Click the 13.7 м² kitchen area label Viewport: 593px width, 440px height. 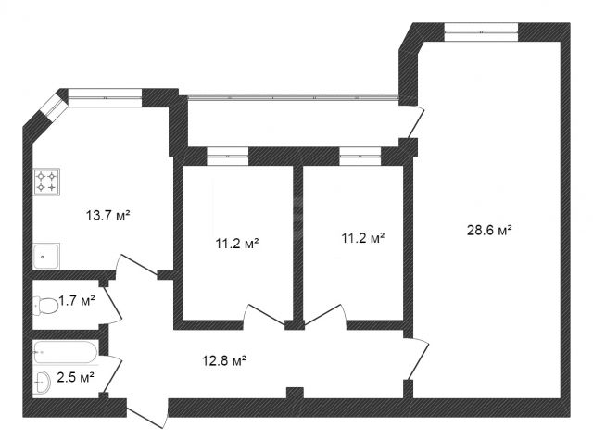(108, 216)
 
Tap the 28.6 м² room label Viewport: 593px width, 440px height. (489, 230)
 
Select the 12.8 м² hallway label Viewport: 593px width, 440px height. (224, 360)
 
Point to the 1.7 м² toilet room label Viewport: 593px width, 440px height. (76, 301)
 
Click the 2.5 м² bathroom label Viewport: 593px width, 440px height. (75, 377)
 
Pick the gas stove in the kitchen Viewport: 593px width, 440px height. (46, 182)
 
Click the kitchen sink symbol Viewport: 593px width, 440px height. (46, 256)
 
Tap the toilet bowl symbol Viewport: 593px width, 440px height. (45, 306)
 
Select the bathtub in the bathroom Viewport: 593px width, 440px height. (66, 352)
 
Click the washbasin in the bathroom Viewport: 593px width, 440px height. (42, 383)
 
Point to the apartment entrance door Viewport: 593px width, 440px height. (146, 413)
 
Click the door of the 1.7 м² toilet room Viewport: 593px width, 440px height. (112, 305)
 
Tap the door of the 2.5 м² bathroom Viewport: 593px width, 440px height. (112, 374)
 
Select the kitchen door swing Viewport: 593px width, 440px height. (136, 265)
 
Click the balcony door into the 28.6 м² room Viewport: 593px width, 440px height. (416, 122)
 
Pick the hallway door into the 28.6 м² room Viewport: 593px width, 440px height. (418, 358)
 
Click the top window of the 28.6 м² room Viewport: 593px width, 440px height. (481, 31)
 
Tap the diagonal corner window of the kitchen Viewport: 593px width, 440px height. (54, 108)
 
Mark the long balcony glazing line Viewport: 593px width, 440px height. (293, 97)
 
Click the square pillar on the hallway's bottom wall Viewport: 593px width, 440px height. (295, 393)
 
